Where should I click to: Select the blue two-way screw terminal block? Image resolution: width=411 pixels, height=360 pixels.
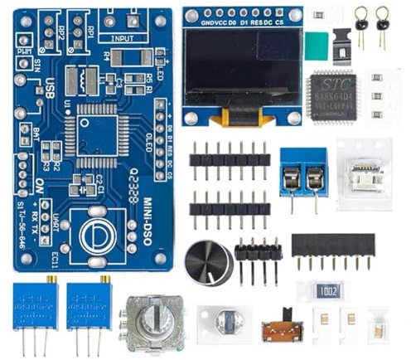coord(302,176)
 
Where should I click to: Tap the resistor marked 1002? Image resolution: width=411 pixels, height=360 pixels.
coord(322,291)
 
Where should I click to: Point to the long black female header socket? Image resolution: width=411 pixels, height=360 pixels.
coord(332,244)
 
